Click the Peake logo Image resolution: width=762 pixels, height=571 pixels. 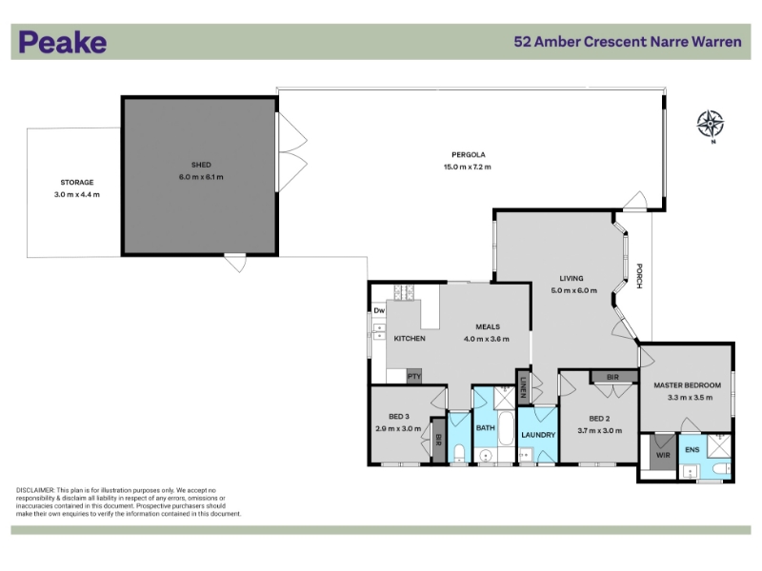tap(63, 42)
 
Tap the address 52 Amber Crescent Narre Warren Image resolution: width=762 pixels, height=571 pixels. tap(628, 42)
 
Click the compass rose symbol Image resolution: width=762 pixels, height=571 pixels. tap(710, 124)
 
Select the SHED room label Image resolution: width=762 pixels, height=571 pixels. tap(201, 165)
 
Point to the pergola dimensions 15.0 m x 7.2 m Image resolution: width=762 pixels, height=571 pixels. tap(468, 167)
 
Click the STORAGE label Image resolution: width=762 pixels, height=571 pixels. tap(77, 182)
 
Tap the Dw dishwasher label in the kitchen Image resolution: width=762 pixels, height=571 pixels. tap(379, 310)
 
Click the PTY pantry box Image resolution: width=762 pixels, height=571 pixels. tap(414, 376)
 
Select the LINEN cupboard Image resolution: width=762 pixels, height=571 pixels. tap(523, 387)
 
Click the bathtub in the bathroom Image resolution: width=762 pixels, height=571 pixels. tap(506, 429)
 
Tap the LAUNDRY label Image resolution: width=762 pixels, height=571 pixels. tap(538, 435)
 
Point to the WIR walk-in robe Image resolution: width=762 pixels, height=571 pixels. tap(663, 453)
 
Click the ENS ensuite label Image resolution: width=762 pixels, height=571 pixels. tap(692, 449)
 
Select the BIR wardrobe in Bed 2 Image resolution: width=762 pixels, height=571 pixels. tap(613, 377)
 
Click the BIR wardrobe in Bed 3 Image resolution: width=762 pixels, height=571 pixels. tap(438, 441)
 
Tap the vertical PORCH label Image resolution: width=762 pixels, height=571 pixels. tap(639, 276)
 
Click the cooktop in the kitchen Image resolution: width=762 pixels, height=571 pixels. tap(404, 292)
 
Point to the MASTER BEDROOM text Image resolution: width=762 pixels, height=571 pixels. tap(687, 385)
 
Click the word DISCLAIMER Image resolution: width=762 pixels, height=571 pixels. tap(35, 490)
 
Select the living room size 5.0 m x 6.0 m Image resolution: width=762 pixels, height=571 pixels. tap(574, 290)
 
